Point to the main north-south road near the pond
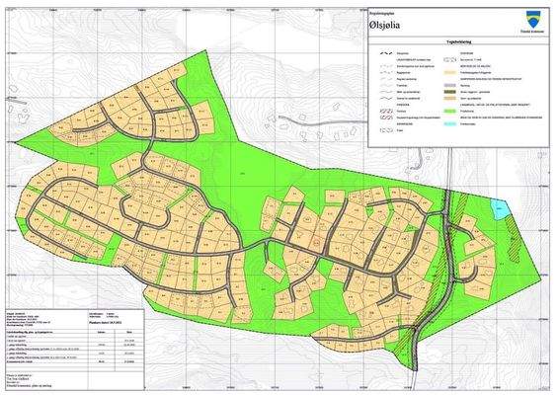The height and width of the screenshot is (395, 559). tap(448, 227)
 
